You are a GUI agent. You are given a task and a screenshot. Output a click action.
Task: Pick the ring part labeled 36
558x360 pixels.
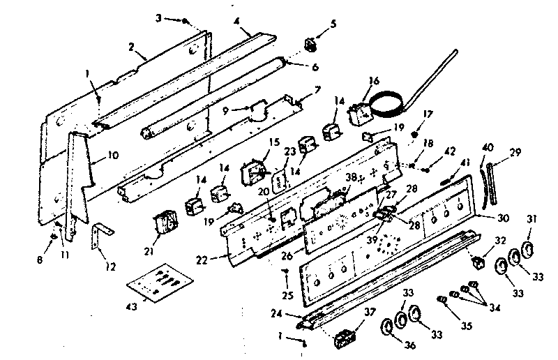[x=386, y=328]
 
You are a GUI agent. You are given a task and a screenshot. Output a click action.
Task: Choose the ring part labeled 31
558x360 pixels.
[x=528, y=251]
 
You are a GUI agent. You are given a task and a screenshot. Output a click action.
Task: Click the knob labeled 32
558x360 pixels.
[x=478, y=263]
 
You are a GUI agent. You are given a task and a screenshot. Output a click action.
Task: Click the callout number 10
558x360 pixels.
[x=113, y=155]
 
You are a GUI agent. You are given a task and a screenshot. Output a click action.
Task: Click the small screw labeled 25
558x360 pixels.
[x=285, y=270]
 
